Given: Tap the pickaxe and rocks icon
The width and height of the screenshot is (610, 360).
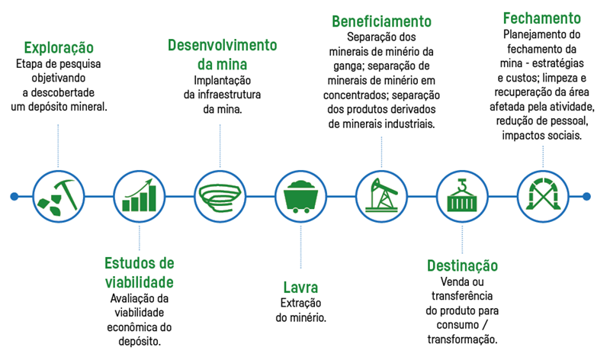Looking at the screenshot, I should click(x=58, y=196).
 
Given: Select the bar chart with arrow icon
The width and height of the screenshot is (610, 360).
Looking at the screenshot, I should click(x=139, y=196).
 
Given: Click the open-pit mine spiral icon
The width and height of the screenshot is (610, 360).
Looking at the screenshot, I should click(x=220, y=196).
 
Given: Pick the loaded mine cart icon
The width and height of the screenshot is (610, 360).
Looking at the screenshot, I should click(x=300, y=196).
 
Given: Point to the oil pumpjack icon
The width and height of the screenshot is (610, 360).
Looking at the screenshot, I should click(x=381, y=196).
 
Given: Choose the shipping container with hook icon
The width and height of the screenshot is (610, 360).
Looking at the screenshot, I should click(x=462, y=196).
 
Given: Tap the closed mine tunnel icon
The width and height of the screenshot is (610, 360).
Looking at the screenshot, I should click(x=543, y=196).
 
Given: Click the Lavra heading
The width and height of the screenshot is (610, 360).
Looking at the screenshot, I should click(x=300, y=288).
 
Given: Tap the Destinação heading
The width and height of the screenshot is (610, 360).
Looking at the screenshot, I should click(x=462, y=265).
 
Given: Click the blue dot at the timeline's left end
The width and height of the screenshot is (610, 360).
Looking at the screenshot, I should click(x=14, y=196).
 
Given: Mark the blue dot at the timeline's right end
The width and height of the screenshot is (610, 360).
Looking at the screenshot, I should click(x=586, y=196).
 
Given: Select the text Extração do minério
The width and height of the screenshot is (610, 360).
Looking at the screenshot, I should click(x=300, y=310).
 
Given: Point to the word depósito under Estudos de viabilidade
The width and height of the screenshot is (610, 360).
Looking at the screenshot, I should click(x=139, y=342).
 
